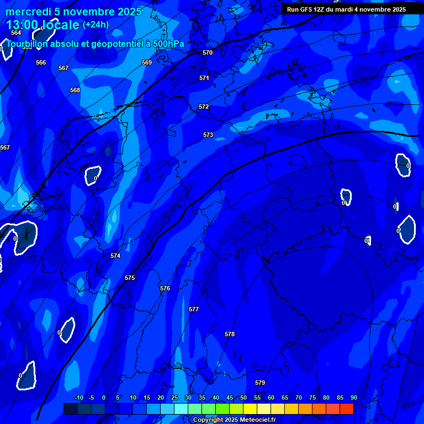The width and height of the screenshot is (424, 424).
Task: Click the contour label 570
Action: click(208, 52)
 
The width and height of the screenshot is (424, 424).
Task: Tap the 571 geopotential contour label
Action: click(204, 78)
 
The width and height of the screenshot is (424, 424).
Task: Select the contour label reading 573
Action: click(208, 135)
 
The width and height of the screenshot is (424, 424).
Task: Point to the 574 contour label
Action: click(115, 256)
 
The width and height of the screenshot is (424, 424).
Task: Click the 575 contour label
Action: click(130, 278)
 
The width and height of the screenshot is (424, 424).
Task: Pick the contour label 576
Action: click(165, 288)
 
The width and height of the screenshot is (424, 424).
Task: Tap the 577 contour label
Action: click(193, 309)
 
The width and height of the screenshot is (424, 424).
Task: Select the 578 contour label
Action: click(230, 334)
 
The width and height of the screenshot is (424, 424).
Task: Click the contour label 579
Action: click(260, 383)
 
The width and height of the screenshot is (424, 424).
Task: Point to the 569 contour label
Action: click(147, 62)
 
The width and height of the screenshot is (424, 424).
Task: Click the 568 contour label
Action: click(75, 90)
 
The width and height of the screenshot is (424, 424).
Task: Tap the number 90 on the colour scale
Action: click(353, 397)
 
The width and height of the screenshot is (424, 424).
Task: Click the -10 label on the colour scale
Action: click(78, 397)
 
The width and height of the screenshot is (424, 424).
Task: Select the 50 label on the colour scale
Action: click(243, 397)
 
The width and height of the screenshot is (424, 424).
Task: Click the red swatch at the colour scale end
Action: click(346, 409)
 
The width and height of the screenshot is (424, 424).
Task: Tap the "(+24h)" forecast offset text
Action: click(96, 24)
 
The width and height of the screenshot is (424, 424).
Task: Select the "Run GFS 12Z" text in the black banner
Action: click(305, 9)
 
